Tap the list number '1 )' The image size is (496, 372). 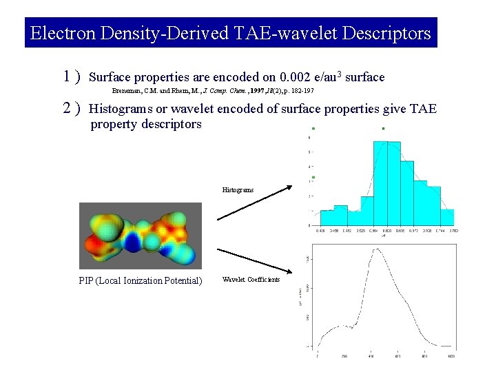coord(71,76)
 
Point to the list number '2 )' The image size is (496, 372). coord(71,108)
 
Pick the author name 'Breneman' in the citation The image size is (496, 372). coord(127,90)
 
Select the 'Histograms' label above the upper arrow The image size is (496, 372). coord(238,189)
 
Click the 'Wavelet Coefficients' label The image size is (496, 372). coord(251,279)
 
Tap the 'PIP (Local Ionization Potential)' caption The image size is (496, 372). coord(141,280)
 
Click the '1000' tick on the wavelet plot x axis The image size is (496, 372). coord(451,356)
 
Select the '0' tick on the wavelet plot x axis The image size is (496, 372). coord(318,356)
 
